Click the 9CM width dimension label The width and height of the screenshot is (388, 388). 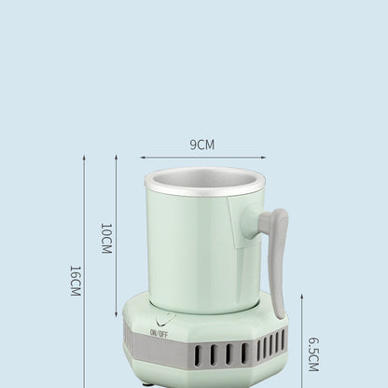point(202,145)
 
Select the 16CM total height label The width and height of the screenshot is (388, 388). point(76,280)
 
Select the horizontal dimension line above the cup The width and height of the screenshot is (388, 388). point(202,158)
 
